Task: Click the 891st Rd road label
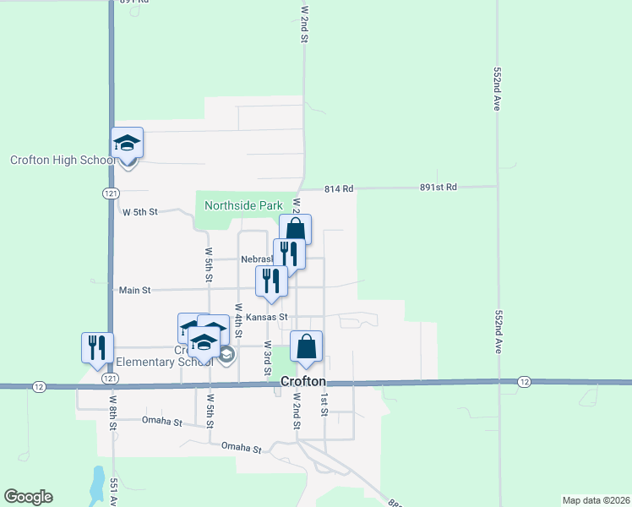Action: point(439,187)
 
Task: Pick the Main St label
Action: point(134,290)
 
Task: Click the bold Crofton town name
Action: point(303,382)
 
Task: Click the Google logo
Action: point(28,497)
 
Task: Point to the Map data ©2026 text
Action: point(595,500)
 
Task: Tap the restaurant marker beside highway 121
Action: point(97,347)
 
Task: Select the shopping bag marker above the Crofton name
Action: point(306,346)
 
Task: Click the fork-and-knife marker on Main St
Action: point(271,281)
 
